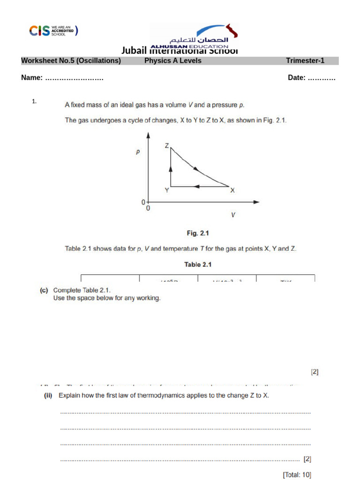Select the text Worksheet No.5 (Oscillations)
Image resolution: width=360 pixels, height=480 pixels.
71,61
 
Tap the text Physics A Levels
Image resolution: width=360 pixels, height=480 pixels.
172,61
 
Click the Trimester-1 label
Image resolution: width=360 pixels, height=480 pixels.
305,61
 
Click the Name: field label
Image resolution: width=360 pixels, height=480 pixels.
32,78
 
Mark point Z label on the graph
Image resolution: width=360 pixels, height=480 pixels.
166,146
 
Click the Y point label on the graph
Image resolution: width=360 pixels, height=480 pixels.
166,190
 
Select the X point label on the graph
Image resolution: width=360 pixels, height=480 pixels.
232,190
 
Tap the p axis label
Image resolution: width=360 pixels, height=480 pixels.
138,152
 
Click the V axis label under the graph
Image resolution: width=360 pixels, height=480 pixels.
232,215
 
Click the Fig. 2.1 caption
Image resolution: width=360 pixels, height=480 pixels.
198,233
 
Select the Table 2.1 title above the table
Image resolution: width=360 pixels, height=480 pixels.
198,264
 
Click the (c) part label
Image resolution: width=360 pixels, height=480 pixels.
44,290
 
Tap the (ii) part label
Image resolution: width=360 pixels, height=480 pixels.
47,395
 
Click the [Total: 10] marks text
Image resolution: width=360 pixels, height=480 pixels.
297,474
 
